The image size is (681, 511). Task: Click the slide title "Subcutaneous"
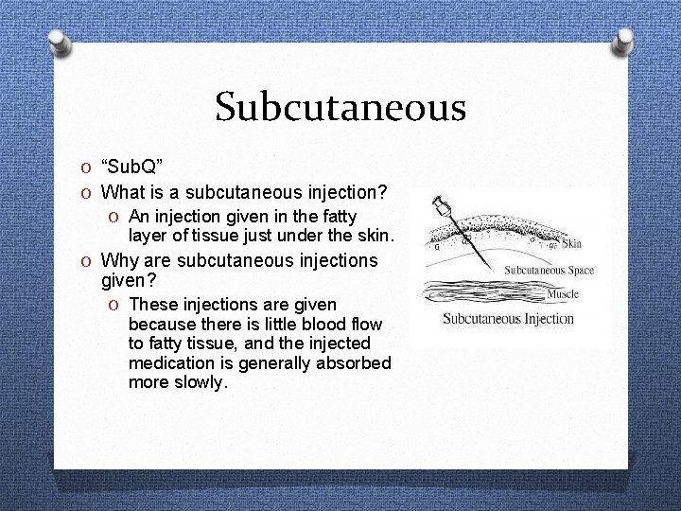click(340, 107)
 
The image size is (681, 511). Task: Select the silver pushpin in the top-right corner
click(623, 40)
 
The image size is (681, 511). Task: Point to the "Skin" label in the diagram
click(572, 244)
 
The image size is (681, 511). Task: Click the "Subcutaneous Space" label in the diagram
click(549, 270)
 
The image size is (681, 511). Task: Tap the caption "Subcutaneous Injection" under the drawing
click(508, 319)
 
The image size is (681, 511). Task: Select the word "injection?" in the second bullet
click(343, 192)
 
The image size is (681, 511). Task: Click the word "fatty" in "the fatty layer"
click(337, 217)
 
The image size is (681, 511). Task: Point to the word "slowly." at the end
click(201, 382)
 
